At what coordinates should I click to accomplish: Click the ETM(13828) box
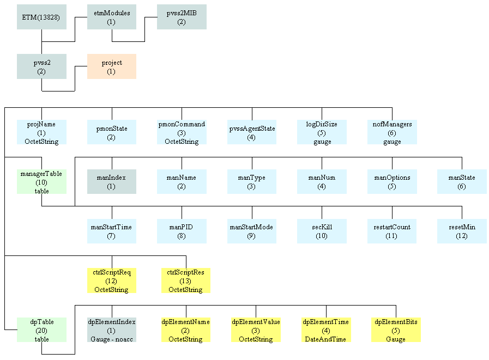[41, 17]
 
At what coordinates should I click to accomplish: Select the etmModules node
[112, 17]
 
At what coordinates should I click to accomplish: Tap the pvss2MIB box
[182, 17]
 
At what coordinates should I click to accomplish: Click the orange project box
[111, 66]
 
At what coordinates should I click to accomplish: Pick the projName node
[41, 132]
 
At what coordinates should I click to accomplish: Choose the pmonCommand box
[182, 132]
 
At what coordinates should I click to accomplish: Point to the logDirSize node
[322, 132]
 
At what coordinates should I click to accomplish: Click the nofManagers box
[392, 132]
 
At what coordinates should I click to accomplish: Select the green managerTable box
[41, 182]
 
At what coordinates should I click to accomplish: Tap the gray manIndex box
[112, 182]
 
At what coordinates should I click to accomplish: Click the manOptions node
[392, 182]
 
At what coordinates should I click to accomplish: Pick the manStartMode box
[251, 231]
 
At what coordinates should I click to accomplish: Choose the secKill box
[322, 231]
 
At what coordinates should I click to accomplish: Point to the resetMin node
[462, 231]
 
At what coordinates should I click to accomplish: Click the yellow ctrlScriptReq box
[112, 280]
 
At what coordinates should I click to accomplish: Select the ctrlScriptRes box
[186, 280]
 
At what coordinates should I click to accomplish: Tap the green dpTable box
[41, 330]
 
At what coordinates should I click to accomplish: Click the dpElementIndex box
[112, 330]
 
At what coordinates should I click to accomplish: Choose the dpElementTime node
[326, 330]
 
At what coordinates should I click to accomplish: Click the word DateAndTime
[326, 339]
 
